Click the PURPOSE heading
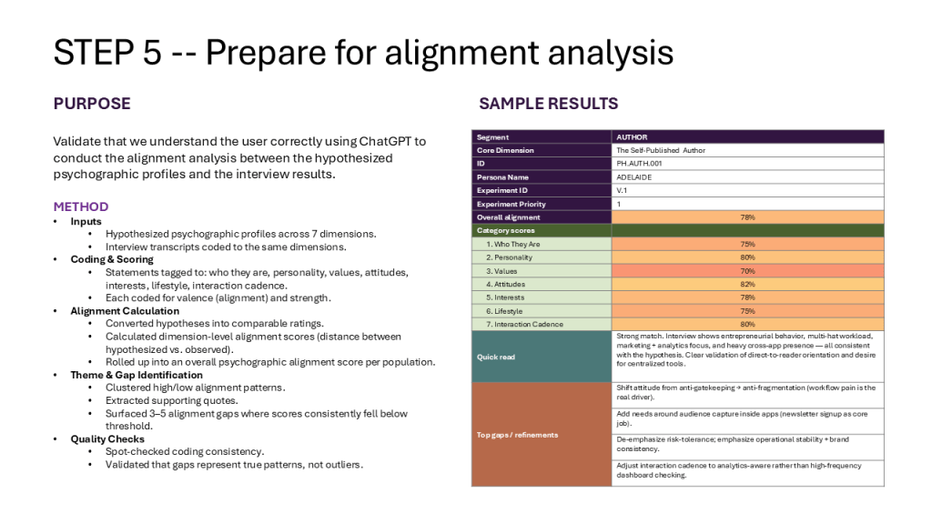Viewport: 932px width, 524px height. tap(92, 104)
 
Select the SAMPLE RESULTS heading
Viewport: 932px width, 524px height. tap(549, 104)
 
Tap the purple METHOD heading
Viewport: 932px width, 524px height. tap(81, 207)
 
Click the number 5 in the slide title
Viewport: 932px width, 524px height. tap(152, 52)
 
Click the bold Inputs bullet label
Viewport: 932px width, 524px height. tap(86, 222)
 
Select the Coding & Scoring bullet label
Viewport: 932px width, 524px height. tap(112, 259)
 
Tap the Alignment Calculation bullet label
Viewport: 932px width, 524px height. tap(125, 311)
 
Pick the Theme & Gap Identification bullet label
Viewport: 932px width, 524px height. tap(137, 375)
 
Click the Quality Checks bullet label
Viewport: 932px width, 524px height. tap(107, 439)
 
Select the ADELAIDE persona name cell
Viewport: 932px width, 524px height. tap(634, 177)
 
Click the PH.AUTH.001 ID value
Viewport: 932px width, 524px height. tap(639, 164)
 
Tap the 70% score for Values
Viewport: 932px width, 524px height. tap(748, 271)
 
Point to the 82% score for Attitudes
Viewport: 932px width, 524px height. tap(748, 284)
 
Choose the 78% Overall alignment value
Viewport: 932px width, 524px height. tap(748, 217)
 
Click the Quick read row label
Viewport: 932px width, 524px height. tap(496, 357)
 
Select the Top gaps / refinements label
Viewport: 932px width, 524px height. tap(517, 435)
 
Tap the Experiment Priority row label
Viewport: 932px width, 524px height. tap(512, 204)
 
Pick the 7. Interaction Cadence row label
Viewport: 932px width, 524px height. tap(525, 325)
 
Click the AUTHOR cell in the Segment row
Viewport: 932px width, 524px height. tap(632, 137)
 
